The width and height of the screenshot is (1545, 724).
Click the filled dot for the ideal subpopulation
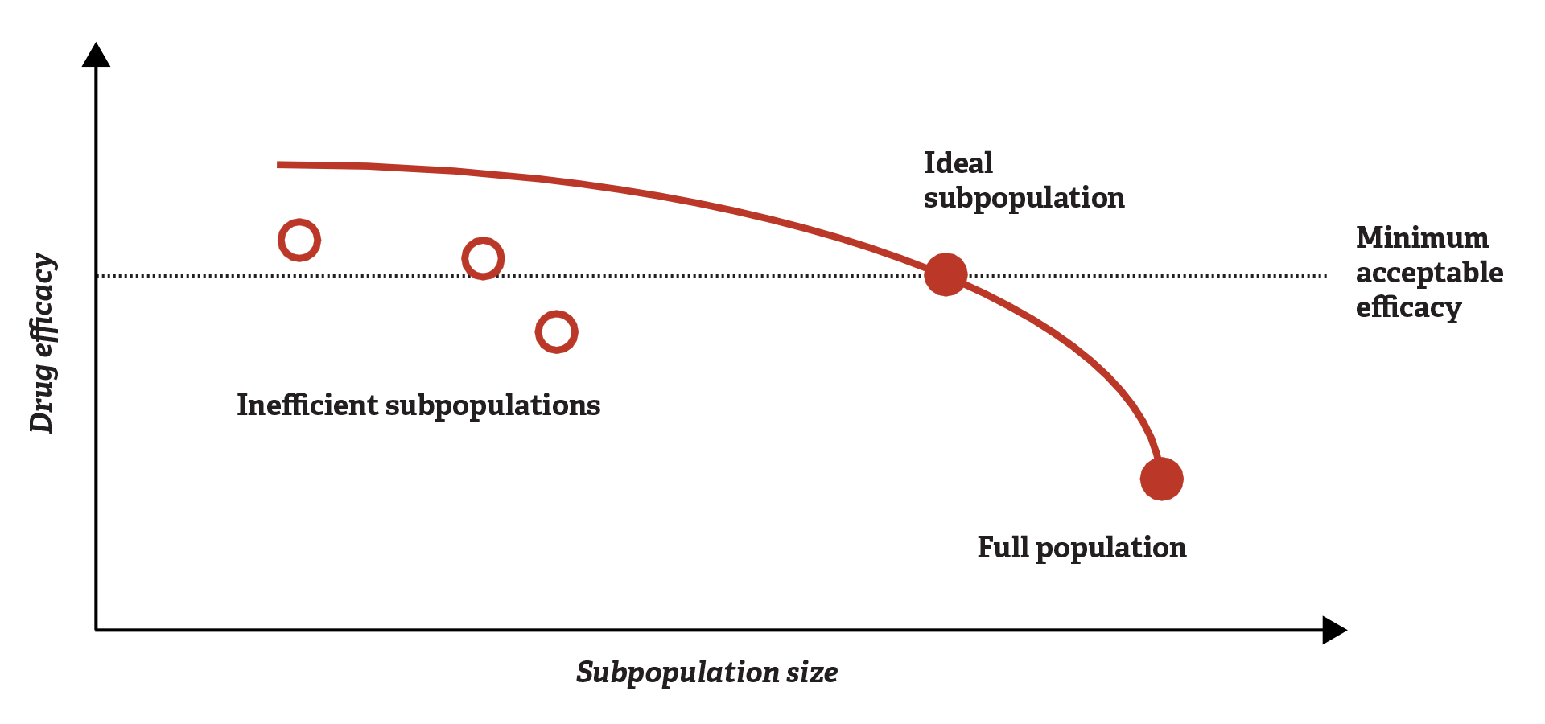tap(946, 275)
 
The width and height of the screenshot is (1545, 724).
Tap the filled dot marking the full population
tap(1161, 479)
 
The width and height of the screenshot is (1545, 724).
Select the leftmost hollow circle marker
tap(299, 240)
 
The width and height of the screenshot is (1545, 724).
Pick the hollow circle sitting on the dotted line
tap(483, 258)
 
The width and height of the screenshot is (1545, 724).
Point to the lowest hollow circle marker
tap(556, 331)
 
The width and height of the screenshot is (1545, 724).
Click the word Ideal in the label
tap(958, 163)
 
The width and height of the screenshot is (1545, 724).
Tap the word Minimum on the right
tap(1422, 238)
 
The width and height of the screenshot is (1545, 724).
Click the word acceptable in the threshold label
tap(1429, 273)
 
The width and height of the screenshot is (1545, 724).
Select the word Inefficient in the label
tap(307, 405)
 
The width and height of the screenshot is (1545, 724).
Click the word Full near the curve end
tap(1003, 548)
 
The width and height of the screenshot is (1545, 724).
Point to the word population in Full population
tap(1110, 549)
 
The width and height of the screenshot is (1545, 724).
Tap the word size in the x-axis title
tap(812, 672)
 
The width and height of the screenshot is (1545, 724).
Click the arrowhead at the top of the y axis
tap(97, 55)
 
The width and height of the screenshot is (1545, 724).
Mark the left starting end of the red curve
tap(278, 165)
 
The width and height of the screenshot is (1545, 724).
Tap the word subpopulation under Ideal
tap(1024, 199)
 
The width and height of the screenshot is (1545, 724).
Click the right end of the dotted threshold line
tap(1325, 275)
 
